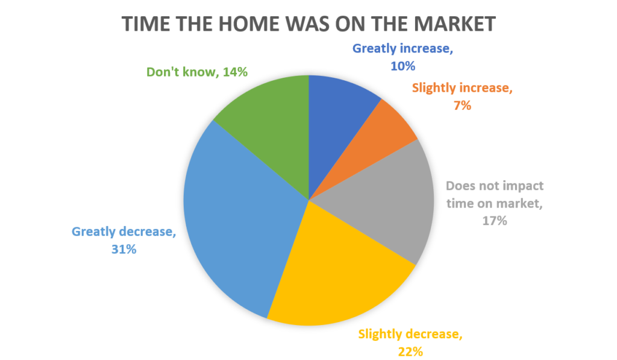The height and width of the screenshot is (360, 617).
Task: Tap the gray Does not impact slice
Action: pos(393,201)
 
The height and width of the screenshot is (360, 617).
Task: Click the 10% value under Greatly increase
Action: pos(402,66)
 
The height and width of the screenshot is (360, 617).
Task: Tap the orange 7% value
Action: pos(462,105)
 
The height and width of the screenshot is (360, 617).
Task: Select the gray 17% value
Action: pos(495,221)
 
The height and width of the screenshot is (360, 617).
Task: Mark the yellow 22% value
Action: pos(410,352)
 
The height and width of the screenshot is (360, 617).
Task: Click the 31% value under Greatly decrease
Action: pos(124,249)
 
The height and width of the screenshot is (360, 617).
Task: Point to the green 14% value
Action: pos(235,72)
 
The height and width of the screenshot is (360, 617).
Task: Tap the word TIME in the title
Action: pos(146,24)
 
